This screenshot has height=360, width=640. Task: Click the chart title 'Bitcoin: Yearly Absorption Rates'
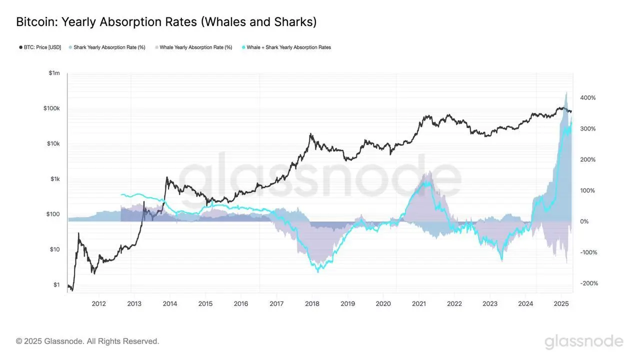coord(166,22)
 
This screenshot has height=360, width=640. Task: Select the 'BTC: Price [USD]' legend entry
coord(40,47)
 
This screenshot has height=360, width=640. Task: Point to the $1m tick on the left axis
coord(54,73)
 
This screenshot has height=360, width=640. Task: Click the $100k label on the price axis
coord(51,108)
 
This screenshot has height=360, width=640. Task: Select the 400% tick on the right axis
coord(587,98)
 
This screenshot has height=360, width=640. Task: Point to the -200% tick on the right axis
coord(588,283)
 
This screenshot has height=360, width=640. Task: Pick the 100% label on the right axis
coord(587,190)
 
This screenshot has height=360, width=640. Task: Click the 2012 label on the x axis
coord(98,303)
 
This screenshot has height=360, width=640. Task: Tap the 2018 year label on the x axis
coord(312,303)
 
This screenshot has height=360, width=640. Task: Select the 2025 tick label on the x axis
coord(561,303)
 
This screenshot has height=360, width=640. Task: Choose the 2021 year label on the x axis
coord(418,303)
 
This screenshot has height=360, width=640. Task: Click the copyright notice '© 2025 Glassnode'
coord(87,341)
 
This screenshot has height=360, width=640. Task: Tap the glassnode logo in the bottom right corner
coord(583,342)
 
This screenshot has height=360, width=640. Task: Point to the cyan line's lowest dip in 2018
coord(318,271)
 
